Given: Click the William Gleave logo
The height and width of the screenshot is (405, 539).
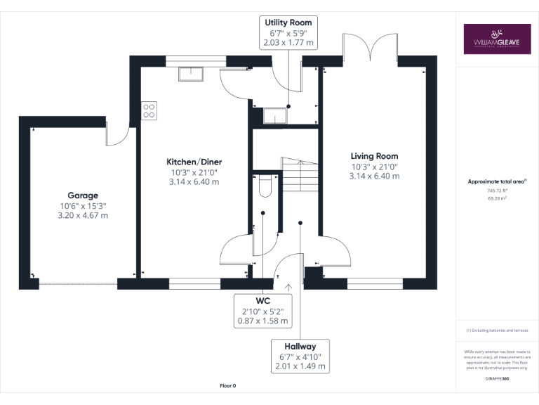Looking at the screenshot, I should tap(497, 40).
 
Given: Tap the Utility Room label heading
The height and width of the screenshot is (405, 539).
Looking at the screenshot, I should tap(288, 22).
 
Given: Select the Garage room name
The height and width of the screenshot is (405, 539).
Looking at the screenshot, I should tap(83, 195).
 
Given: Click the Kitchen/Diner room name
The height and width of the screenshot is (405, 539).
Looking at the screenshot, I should tap(194, 162).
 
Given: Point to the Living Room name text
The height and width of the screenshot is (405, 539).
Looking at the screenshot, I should tap(374, 156).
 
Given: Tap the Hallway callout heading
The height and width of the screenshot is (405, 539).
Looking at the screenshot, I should tap(300, 346).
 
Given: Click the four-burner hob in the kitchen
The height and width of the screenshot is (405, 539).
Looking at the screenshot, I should tap(149, 110).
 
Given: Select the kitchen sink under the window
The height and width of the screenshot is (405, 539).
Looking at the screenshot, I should tap(189, 73).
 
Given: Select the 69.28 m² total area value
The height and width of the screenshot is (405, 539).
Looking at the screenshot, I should tap(497, 199).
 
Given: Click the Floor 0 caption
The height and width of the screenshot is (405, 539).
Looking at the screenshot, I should tap(227, 386).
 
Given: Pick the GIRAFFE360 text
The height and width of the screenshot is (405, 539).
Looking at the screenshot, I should tap(497, 379).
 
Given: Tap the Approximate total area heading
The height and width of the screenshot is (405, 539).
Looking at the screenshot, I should tap(497, 181).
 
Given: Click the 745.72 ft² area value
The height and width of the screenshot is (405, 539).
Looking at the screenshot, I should tap(497, 191).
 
